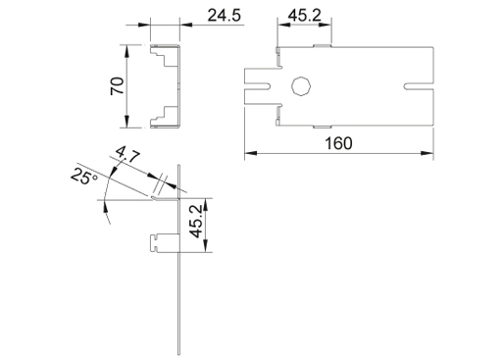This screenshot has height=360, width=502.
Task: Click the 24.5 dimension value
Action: (x=225, y=16)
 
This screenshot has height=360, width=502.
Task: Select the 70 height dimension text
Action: (x=117, y=86)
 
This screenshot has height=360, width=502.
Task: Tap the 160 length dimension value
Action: (x=338, y=143)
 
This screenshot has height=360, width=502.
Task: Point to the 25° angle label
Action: (x=84, y=177)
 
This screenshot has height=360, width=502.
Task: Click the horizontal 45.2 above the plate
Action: (x=305, y=16)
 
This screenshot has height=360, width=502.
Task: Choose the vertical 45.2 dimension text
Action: (x=196, y=222)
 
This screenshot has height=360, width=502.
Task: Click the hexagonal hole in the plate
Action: (x=301, y=86)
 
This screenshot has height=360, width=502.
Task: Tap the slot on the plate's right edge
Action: (x=419, y=86)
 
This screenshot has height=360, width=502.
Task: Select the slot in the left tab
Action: (x=258, y=86)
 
